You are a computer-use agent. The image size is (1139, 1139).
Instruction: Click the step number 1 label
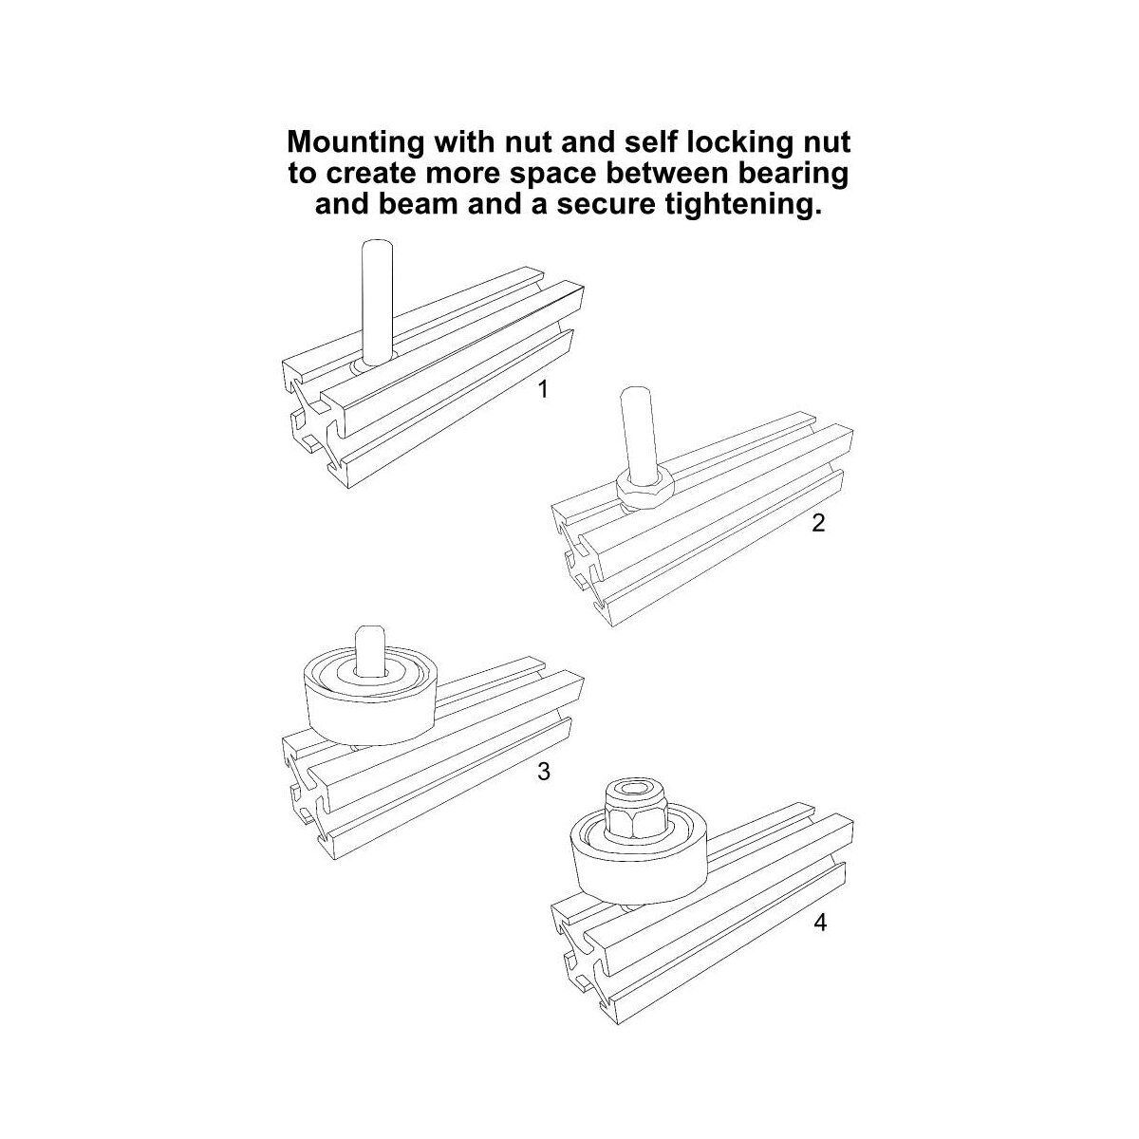click(543, 389)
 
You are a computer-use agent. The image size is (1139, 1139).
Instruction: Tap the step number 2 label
click(818, 522)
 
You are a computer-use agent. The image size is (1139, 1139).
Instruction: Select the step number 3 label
click(543, 771)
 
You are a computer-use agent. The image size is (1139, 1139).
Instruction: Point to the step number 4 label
click(820, 922)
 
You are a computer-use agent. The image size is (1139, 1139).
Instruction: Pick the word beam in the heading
click(418, 204)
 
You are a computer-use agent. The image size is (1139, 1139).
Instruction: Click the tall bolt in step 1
click(377, 302)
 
